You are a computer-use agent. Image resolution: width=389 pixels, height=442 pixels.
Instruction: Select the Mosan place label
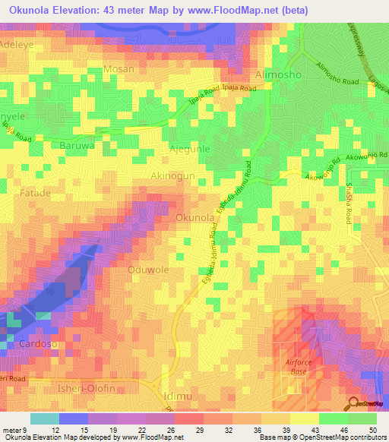click(x=119, y=69)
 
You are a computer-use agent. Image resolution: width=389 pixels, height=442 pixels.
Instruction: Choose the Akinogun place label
click(x=172, y=175)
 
